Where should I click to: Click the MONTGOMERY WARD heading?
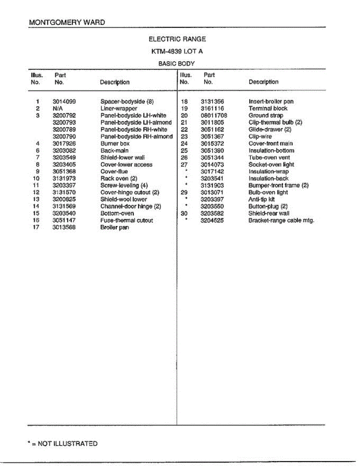pos(67,22)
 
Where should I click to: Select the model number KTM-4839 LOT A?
pos(177,51)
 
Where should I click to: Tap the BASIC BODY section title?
pos(176,63)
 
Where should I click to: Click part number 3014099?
pos(64,102)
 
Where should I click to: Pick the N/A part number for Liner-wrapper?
pos(57,109)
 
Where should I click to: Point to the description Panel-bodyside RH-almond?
pos(136,137)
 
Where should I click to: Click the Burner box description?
pos(115,144)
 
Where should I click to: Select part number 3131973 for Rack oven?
pos(64,179)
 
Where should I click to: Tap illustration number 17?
pos(37,228)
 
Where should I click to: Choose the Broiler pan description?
pos(115,228)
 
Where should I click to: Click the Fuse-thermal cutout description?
pos(127,221)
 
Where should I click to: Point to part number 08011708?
pos(214,116)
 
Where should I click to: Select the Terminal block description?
pos(268,109)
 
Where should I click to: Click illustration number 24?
pos(184,144)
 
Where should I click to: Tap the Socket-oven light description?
pos(271,165)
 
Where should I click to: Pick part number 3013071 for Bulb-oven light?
pos(212,193)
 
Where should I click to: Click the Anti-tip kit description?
pos(261,200)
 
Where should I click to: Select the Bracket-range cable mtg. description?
pos(281,221)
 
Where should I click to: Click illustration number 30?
pos(184,214)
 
